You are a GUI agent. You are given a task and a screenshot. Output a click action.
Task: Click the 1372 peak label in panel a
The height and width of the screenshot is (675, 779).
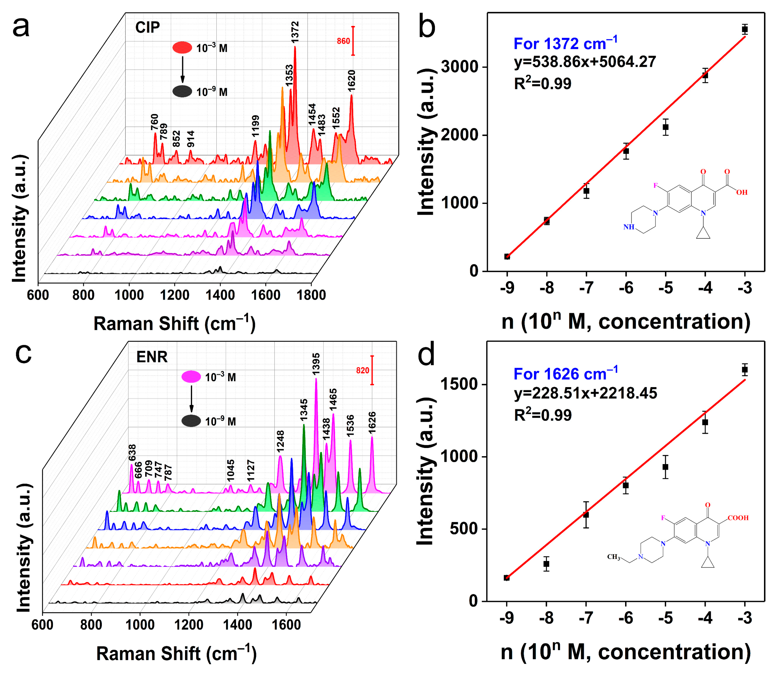pos(295,32)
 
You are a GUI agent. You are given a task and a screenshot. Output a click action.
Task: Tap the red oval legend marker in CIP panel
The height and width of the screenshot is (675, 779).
pos(182,47)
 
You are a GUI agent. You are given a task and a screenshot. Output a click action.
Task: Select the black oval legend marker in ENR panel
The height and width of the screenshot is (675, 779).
pos(191,421)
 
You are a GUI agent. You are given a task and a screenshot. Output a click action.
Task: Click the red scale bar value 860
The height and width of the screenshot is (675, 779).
pos(343,41)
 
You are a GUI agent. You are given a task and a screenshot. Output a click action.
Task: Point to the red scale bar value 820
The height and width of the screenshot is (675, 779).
pos(362,370)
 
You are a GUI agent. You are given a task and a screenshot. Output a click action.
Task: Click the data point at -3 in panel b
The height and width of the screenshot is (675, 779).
pos(744,29)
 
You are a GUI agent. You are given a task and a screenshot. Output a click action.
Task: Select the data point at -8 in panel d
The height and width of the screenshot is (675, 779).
pos(546,564)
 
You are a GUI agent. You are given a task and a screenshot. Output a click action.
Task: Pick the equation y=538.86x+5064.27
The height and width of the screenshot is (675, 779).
pos(585,62)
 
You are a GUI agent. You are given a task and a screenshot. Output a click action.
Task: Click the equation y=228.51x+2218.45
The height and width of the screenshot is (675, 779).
pos(585,393)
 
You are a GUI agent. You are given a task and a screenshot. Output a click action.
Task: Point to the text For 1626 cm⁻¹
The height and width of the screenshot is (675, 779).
pos(565,374)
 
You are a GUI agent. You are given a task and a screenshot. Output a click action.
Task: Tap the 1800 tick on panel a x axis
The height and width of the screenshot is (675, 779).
pos(311,295)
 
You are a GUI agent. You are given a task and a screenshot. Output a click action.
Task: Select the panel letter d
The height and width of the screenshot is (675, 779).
pos(427,354)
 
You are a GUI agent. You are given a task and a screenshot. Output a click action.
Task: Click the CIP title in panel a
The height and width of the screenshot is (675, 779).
pos(147,28)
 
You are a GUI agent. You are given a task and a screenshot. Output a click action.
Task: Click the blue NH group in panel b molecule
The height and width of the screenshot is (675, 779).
pos(628,227)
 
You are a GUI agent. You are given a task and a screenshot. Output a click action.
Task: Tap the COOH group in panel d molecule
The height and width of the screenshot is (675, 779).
pos(738,518)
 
